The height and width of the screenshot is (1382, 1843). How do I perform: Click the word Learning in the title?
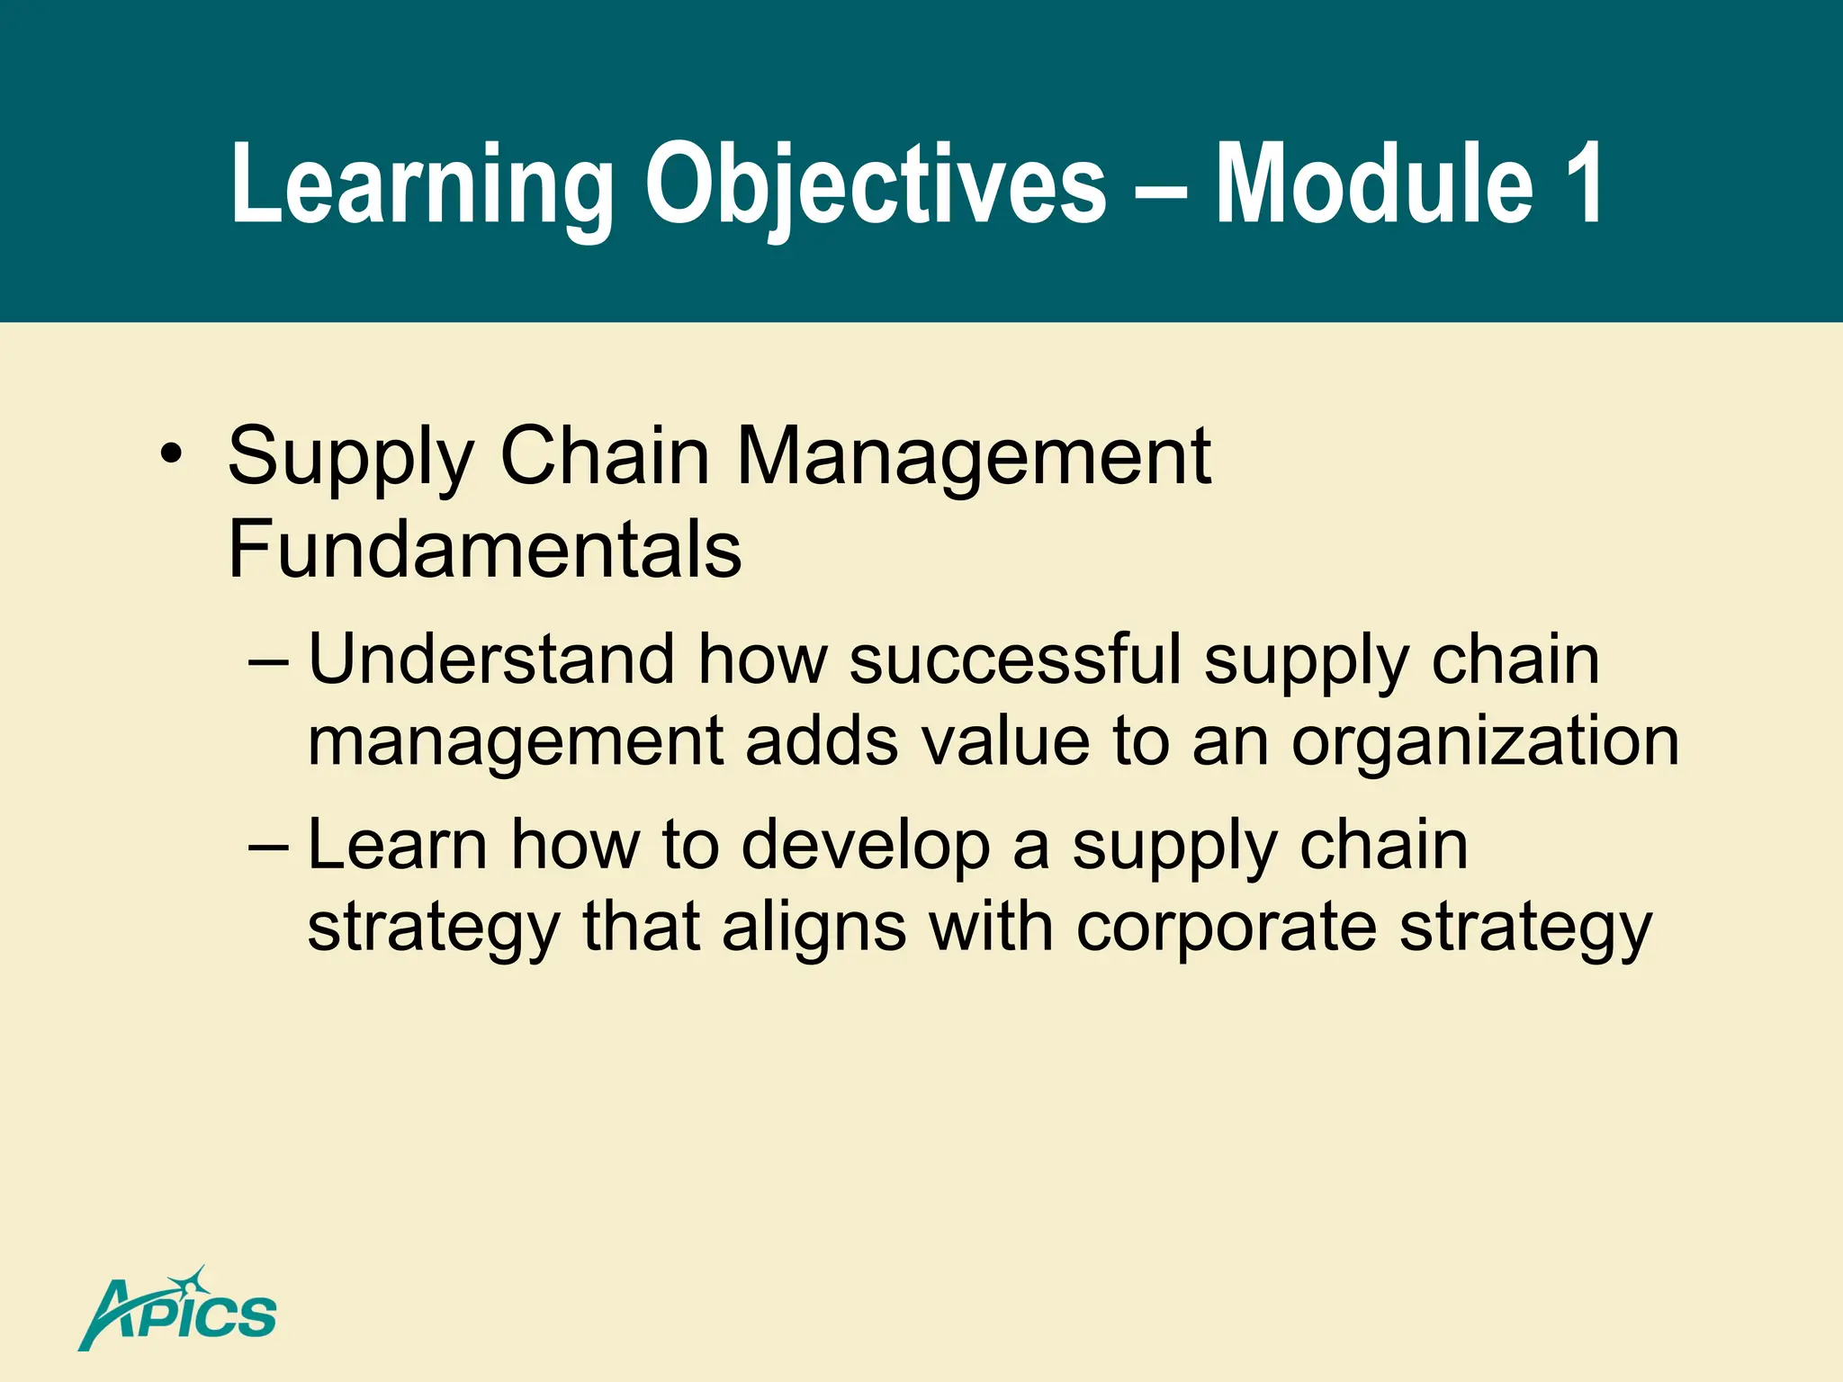[421, 184]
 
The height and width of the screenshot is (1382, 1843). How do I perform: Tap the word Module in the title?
[1375, 184]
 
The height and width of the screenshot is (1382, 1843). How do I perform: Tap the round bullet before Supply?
[170, 453]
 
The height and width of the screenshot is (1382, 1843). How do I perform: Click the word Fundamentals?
[484, 549]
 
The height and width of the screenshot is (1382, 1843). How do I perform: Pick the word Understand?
[491, 660]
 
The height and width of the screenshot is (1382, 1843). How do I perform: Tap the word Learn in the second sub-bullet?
[397, 845]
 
